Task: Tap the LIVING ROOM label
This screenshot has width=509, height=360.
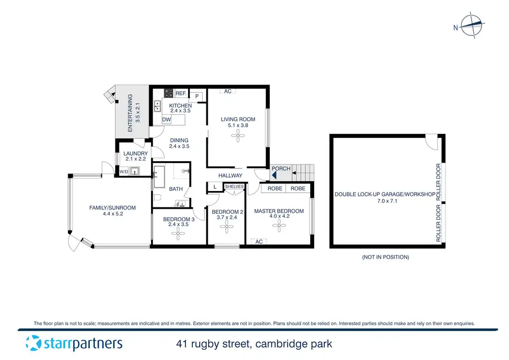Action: pos(238,119)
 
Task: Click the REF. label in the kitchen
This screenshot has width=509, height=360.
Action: pos(180,93)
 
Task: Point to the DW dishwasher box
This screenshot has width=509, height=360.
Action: pos(167,120)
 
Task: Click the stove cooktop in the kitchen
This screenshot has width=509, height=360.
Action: pos(169,93)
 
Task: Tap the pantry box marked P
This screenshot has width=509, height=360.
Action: pos(197,96)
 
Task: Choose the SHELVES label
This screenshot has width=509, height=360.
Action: pos(234,186)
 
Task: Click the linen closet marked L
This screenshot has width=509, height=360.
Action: pos(215,187)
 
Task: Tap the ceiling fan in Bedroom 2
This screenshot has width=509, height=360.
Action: pos(227,227)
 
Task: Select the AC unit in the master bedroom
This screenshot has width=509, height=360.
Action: pos(258,242)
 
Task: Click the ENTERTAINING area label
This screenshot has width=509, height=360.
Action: pos(131,112)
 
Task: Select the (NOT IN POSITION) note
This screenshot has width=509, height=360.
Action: pos(386,257)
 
